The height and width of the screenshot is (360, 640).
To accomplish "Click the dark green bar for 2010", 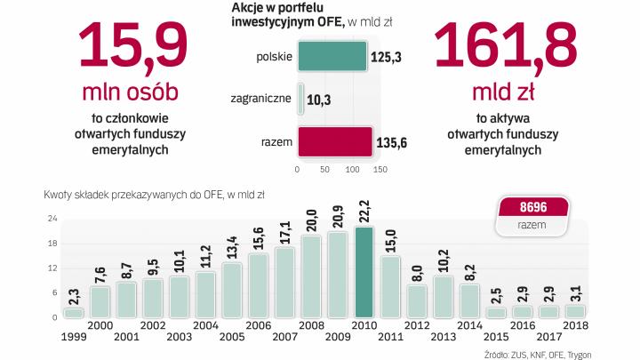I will coord(364,272).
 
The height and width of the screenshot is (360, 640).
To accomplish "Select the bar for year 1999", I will coord(73,312).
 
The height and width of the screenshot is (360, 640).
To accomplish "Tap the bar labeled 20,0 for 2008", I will coord(311,276).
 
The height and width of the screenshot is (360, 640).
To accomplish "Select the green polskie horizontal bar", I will coord(332,57).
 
